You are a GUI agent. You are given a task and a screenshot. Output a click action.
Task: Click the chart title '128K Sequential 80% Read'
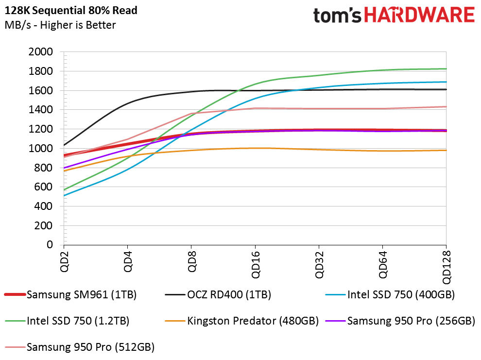pos(71,10)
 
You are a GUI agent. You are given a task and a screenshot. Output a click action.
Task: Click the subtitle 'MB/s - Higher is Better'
pos(60,25)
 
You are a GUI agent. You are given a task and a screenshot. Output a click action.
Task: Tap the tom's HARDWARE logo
pos(394,15)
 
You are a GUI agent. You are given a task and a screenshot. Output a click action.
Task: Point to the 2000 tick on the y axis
pos(43,52)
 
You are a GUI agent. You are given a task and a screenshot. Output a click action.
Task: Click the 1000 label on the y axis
pos(43,149)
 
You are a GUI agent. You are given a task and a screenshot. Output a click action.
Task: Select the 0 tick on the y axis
pos(50,245)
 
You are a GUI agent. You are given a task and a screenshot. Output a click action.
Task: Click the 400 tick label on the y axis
pos(46,206)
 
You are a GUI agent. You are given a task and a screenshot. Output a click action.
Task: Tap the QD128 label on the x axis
pos(446,267)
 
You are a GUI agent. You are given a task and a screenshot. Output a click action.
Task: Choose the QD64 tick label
pos(382,265)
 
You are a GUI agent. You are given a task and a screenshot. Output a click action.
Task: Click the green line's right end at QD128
pos(446,69)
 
